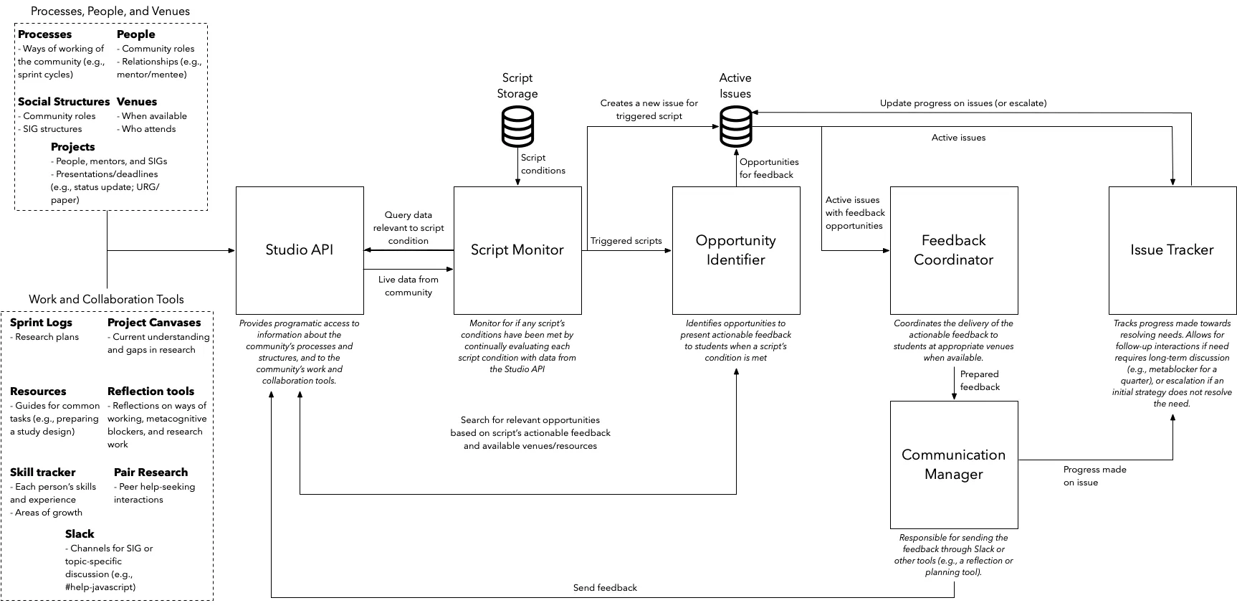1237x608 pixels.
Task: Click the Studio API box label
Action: click(299, 250)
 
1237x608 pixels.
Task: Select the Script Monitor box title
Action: click(517, 250)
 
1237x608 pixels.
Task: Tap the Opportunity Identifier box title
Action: click(735, 250)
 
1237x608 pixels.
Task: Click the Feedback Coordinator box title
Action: click(953, 250)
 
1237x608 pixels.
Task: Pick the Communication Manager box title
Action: click(953, 465)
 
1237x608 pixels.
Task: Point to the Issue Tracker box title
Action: click(1172, 250)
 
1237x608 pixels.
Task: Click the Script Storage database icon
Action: click(517, 126)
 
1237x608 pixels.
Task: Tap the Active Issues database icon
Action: click(735, 126)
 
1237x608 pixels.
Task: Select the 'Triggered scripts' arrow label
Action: click(626, 241)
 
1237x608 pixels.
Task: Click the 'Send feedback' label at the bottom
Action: click(605, 588)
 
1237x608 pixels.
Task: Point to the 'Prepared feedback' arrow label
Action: click(979, 381)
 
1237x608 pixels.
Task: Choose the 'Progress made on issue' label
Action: click(1094, 476)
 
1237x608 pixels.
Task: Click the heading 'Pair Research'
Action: click(151, 472)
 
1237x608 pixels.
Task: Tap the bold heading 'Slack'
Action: click(80, 534)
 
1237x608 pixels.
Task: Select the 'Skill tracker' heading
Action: click(42, 472)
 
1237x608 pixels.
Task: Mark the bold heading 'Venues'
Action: click(136, 102)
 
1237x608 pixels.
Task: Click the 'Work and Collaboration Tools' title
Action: click(106, 300)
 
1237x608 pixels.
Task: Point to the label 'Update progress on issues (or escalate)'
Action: click(963, 103)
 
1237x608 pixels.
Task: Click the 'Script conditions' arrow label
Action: click(543, 164)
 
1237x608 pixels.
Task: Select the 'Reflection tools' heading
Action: click(151, 391)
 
